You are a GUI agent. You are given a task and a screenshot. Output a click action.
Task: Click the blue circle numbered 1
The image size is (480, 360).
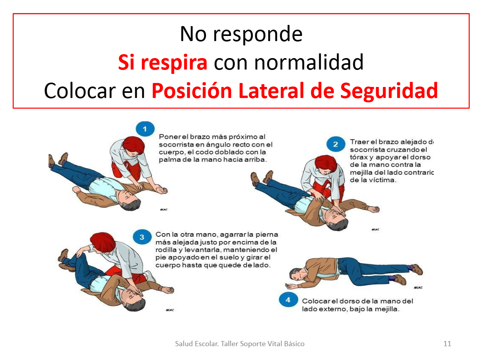coord(145,129)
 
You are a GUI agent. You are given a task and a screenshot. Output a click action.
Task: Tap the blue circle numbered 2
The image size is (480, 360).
coord(335,144)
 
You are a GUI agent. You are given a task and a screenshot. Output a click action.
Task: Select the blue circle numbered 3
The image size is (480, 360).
coord(142,237)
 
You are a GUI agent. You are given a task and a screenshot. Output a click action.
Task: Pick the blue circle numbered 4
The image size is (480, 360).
coord(288,300)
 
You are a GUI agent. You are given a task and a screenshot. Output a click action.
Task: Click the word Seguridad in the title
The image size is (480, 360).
coord(389,91)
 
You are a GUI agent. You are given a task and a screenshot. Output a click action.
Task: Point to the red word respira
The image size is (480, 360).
coord(174,63)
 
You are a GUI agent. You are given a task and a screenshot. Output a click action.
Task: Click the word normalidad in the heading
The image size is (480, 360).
coord(288,62)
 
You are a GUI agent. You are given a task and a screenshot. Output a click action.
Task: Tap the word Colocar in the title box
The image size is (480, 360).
coord(79,91)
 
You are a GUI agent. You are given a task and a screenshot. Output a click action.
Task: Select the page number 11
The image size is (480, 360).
coord(447,343)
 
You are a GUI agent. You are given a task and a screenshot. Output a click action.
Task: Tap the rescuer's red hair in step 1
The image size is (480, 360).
coord(134,145)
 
